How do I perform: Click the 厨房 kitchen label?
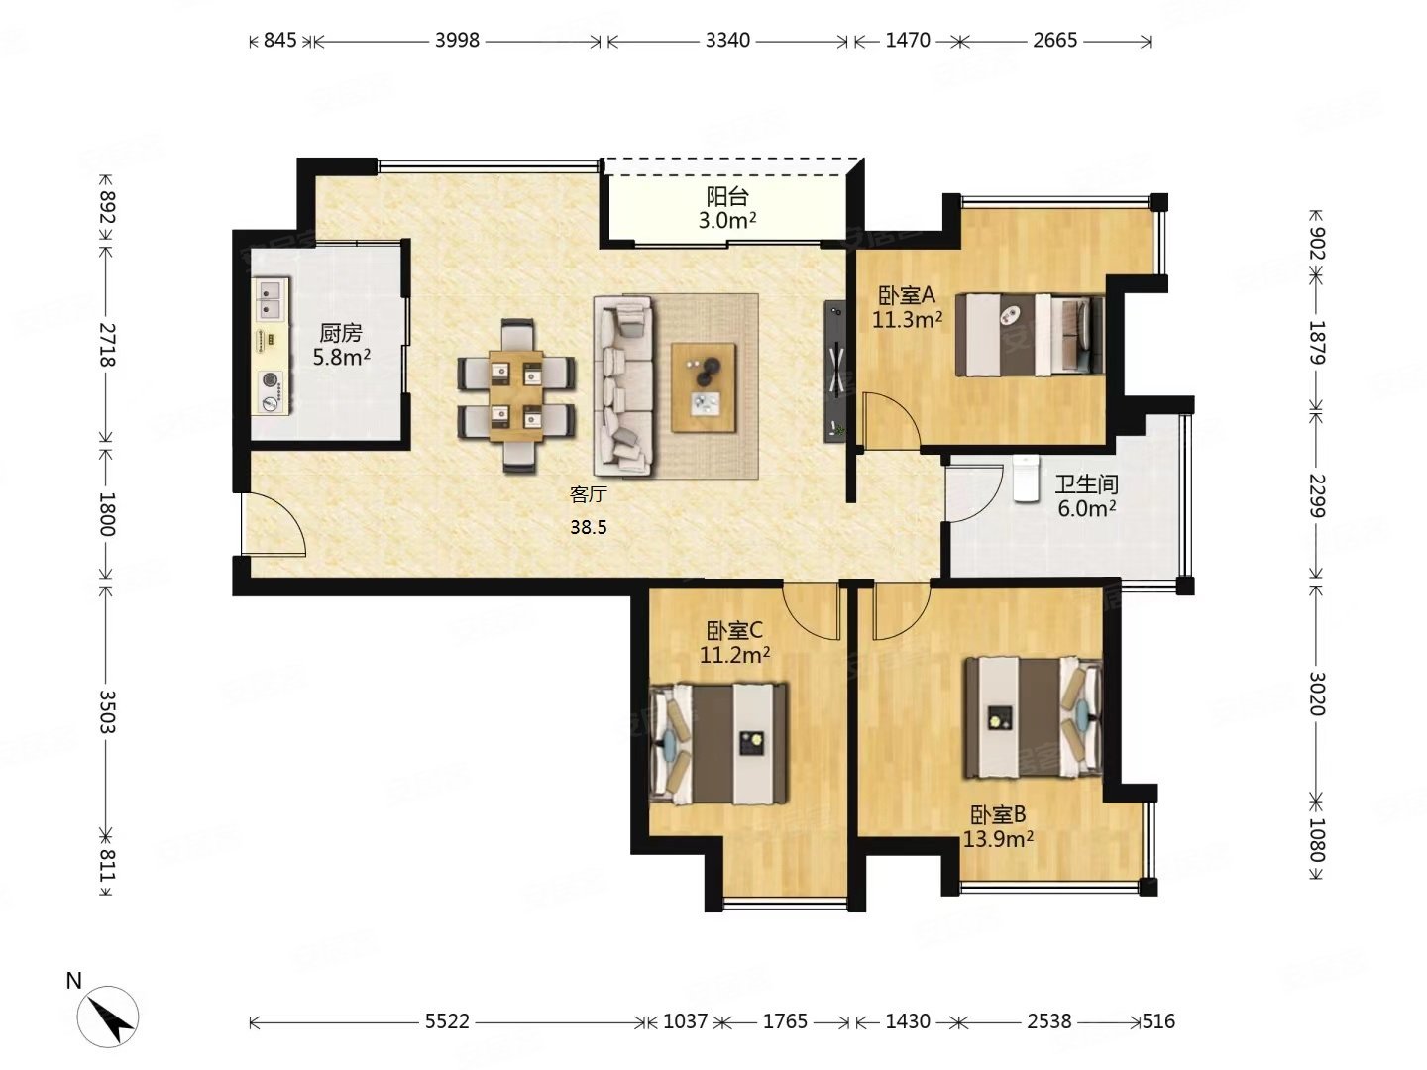tap(340, 333)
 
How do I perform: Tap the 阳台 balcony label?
tap(727, 196)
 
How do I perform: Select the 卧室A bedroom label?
tap(907, 295)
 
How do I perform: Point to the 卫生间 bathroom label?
tap(1086, 484)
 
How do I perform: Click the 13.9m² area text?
tap(997, 839)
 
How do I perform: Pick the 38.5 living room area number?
tap(589, 527)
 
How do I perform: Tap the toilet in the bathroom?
tap(1026, 478)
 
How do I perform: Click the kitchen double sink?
tap(271, 299)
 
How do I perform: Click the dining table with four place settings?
tap(516, 396)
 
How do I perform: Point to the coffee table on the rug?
tap(704, 387)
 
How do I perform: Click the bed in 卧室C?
tap(718, 743)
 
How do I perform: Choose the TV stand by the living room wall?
tap(834, 371)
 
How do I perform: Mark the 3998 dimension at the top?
tap(457, 41)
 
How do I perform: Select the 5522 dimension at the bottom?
tap(447, 1021)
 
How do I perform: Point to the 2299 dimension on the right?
tap(1315, 496)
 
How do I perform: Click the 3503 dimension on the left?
tap(107, 711)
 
